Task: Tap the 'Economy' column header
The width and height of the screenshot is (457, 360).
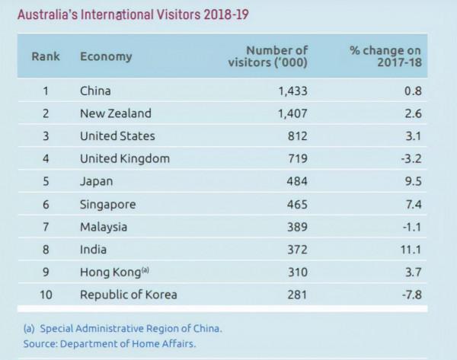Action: pos(106,56)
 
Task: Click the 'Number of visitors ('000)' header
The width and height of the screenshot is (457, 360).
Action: pos(267,56)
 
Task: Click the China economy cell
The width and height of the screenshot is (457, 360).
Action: pos(95,91)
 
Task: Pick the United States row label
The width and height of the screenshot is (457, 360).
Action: pos(117,136)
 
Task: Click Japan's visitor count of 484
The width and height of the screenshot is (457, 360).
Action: pos(297,181)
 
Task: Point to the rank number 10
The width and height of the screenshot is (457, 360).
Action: pos(45,295)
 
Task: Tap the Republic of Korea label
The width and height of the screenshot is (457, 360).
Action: pos(128,295)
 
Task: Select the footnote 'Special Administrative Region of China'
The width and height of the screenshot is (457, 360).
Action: pos(129,329)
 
